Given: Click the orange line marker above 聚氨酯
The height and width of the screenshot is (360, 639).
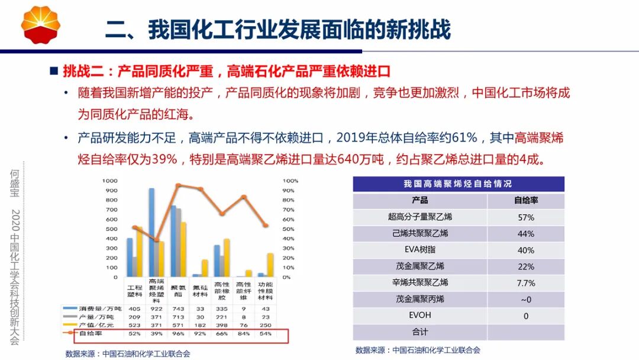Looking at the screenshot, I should [178, 185].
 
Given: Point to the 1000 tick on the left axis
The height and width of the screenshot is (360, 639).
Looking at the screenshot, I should [109, 181].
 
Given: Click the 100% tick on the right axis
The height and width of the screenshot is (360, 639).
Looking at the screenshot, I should [291, 181].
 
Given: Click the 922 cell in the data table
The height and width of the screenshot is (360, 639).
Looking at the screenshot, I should [156, 308].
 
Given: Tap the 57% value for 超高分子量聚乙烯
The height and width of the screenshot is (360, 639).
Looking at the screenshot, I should [525, 217].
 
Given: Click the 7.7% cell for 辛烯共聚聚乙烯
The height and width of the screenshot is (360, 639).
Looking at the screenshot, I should [525, 283].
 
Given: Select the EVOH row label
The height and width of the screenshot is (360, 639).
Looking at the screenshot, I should [419, 316].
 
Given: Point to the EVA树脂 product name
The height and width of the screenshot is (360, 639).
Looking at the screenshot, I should [419, 250].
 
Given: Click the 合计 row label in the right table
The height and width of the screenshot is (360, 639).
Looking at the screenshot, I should [419, 332].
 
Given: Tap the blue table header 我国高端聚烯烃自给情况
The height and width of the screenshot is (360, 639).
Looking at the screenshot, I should [458, 184].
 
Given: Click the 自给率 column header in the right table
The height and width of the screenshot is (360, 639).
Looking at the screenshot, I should [525, 201].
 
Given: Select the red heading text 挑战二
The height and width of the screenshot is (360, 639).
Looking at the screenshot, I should [82, 72].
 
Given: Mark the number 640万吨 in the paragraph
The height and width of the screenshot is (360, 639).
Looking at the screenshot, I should [363, 160].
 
